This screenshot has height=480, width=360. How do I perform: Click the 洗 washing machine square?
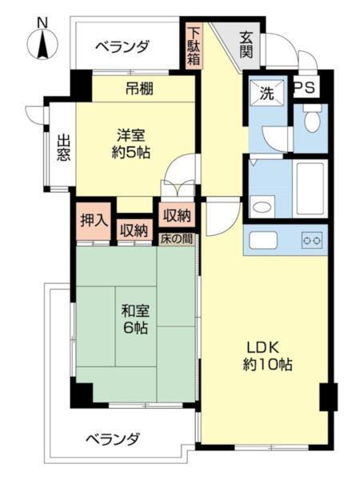265,92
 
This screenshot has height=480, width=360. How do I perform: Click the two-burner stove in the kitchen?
311,240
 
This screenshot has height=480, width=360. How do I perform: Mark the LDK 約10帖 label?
267,356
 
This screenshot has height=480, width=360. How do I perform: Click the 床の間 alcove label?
177,238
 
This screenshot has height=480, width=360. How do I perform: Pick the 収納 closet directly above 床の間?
177,214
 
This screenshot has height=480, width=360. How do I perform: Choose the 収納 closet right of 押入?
134,230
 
